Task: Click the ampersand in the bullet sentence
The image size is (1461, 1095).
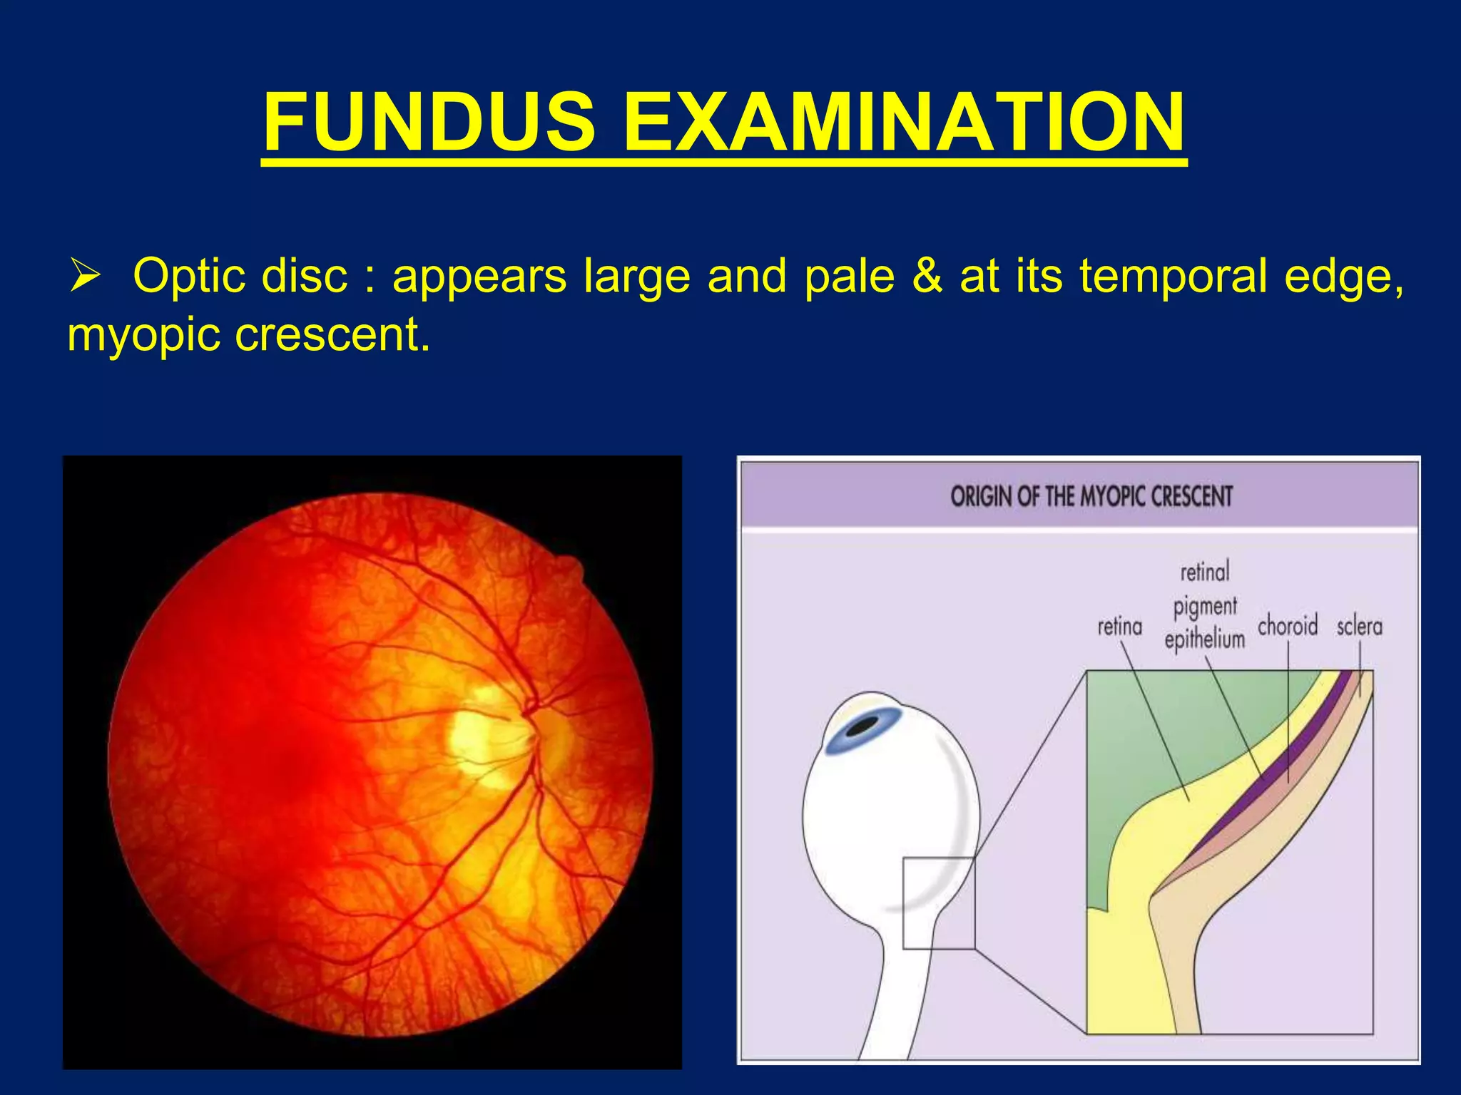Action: pos(927,277)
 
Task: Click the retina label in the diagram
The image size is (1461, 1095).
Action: pos(1119,627)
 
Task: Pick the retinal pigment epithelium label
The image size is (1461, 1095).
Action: pos(1204,606)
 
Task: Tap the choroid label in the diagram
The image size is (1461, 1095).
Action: pos(1287,626)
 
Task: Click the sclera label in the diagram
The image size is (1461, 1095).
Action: pos(1359,627)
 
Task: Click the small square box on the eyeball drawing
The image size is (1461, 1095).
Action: pos(939,903)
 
